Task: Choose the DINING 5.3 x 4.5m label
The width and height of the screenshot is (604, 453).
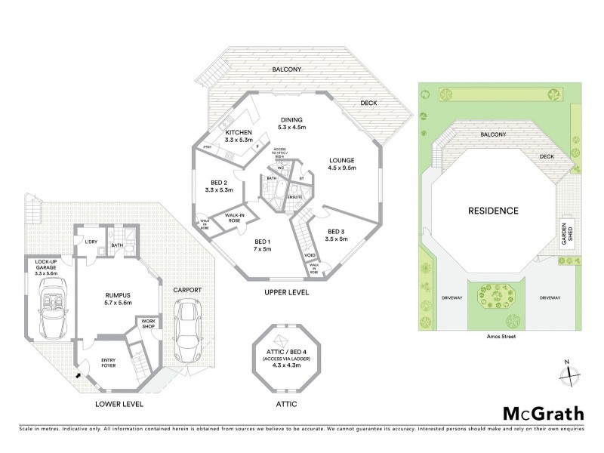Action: coord(291,124)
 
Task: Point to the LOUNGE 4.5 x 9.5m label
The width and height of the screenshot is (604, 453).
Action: coord(342,164)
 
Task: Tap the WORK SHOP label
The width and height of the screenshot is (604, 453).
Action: coord(147,323)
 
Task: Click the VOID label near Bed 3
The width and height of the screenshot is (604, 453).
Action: coord(310,256)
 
